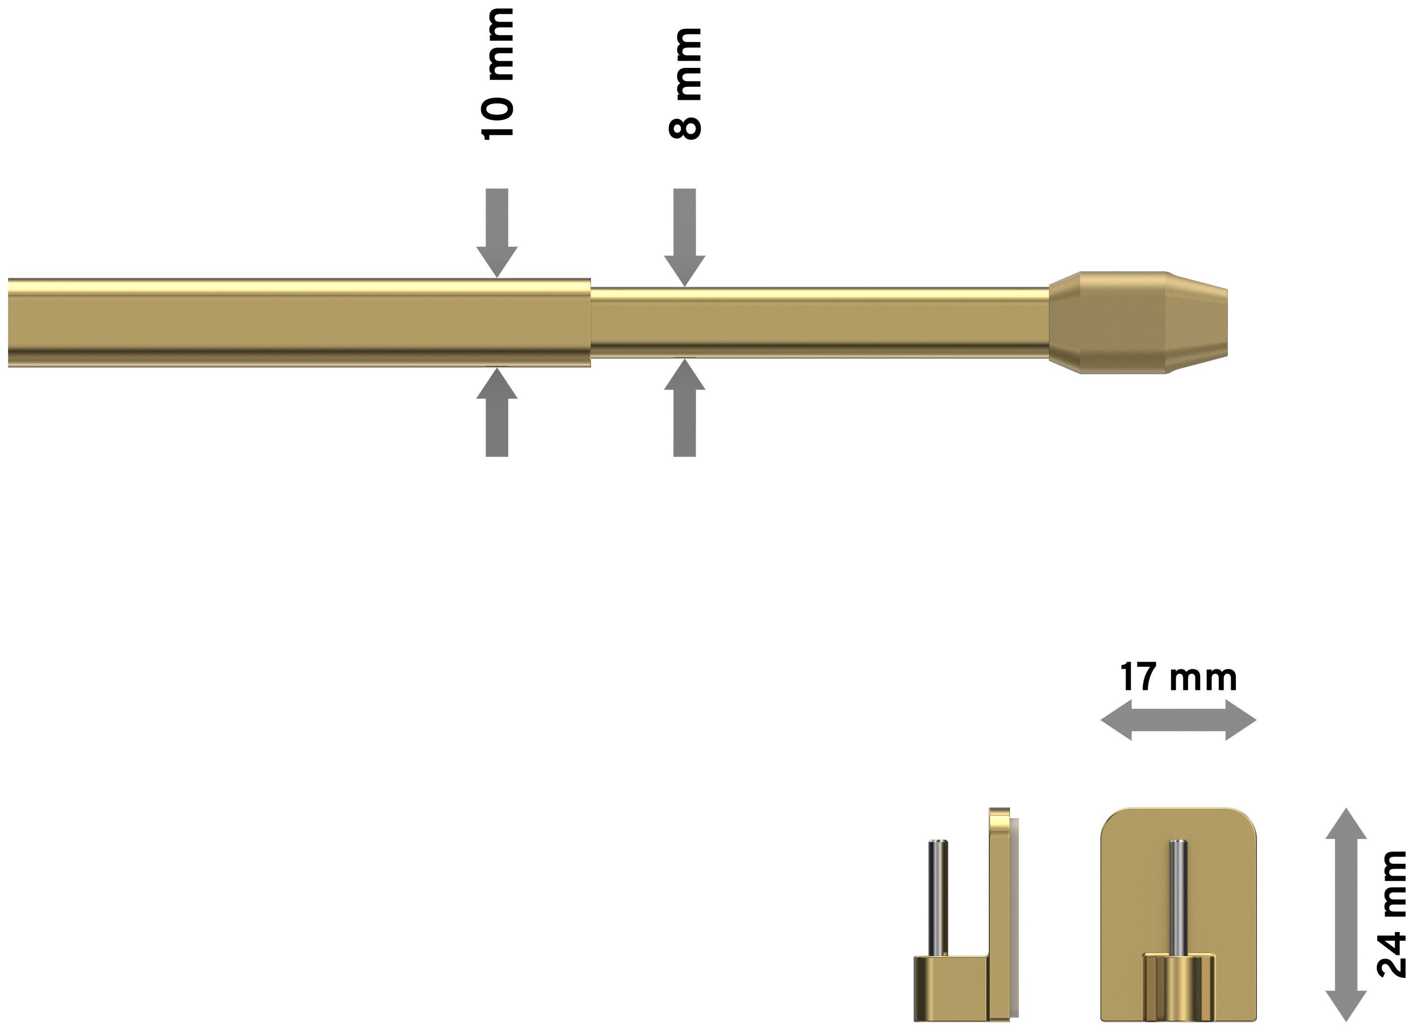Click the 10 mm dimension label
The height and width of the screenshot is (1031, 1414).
click(x=498, y=73)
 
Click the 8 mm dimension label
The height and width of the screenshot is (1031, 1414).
click(x=685, y=83)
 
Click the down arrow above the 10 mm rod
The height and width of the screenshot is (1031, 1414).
click(x=497, y=233)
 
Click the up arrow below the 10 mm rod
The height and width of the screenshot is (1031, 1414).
click(x=497, y=412)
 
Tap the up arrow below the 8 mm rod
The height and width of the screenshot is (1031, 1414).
click(x=685, y=408)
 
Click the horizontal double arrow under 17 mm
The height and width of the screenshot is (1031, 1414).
click(x=1178, y=720)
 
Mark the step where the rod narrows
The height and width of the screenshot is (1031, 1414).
click(x=591, y=323)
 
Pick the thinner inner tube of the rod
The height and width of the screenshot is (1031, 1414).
click(x=820, y=323)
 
